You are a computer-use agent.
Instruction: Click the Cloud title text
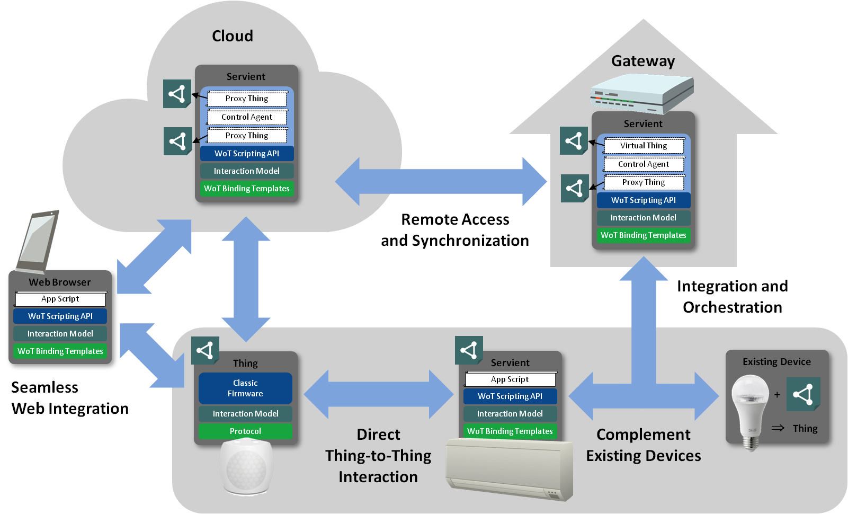pos(233,36)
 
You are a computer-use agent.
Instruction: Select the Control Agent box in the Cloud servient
pos(247,117)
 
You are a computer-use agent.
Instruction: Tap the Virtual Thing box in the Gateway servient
pos(644,146)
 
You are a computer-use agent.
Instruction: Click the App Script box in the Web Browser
pos(60,299)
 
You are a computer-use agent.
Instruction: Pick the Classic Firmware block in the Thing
pos(245,388)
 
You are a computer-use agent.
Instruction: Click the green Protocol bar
pos(245,431)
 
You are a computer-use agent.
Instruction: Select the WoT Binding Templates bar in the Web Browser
pos(60,351)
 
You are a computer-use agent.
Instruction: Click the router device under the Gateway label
pos(642,93)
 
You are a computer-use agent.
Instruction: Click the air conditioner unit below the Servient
pos(508,469)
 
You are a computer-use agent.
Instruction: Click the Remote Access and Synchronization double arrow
pos(441,182)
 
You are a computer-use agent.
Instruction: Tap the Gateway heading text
pos(643,61)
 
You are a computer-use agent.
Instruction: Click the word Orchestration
pos(732,307)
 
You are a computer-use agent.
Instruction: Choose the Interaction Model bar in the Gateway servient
pos(643,218)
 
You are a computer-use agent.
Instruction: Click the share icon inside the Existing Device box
pos(803,394)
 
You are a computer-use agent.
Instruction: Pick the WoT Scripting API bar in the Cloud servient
pos(247,154)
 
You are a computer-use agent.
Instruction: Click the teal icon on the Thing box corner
pos(205,350)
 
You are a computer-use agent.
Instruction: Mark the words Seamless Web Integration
pos(69,398)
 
